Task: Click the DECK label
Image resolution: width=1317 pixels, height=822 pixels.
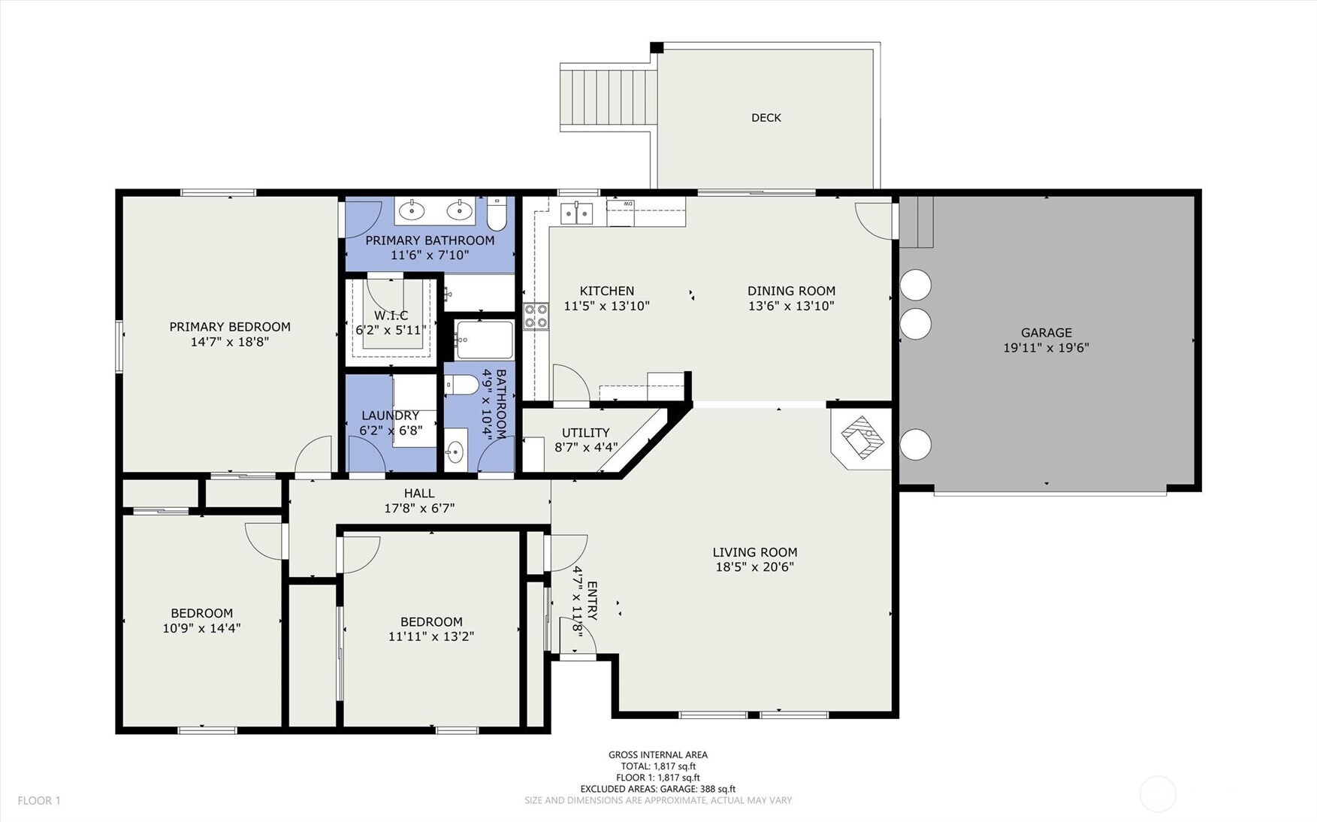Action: [x=766, y=118]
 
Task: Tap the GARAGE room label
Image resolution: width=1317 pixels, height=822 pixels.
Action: [x=1046, y=333]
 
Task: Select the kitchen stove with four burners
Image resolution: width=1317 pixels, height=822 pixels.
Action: [x=536, y=316]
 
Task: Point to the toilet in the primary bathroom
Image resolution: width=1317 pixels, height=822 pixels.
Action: [x=496, y=214]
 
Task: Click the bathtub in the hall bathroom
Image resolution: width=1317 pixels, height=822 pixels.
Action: [x=485, y=340]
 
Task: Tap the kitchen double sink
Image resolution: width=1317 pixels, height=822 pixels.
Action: [x=576, y=213]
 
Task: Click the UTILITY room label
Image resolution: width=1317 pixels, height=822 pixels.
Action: [x=586, y=433]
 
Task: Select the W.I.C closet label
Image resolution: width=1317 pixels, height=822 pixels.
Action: [x=391, y=316]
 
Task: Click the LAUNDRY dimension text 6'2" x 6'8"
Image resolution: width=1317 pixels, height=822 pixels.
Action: [x=391, y=431]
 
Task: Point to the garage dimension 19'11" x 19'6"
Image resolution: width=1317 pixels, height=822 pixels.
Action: [x=1046, y=348]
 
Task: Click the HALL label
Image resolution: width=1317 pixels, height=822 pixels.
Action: [x=419, y=494]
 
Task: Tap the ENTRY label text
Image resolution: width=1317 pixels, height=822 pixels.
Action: [x=592, y=600]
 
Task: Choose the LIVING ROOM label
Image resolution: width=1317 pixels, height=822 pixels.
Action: [x=755, y=552]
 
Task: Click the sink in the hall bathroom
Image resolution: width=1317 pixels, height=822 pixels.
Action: [x=455, y=451]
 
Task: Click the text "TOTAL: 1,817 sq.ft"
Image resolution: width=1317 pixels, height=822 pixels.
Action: [x=658, y=766]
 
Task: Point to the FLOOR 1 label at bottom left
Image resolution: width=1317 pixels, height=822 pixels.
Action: [x=39, y=801]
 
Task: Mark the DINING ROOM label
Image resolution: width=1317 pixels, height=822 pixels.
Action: [x=791, y=291]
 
